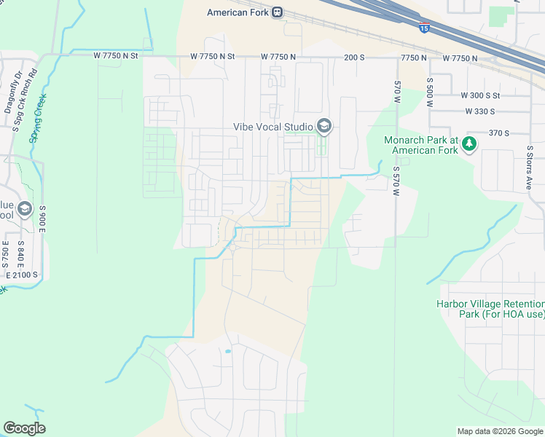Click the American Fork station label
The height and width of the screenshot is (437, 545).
point(238,12)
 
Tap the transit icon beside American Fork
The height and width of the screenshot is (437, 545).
point(278,12)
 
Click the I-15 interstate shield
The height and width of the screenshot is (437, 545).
point(424,28)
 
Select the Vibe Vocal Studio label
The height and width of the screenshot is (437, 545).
point(272,127)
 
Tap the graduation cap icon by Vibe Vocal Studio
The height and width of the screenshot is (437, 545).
point(324,127)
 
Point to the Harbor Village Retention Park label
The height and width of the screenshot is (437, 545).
point(490,309)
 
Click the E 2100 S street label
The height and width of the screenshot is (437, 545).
point(22,275)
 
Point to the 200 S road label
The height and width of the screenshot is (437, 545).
point(355,57)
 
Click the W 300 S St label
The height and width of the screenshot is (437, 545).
point(480,95)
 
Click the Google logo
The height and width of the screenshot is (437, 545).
point(24,428)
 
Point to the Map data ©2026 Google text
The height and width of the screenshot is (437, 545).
point(499,431)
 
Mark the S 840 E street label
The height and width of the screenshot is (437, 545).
point(20,251)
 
